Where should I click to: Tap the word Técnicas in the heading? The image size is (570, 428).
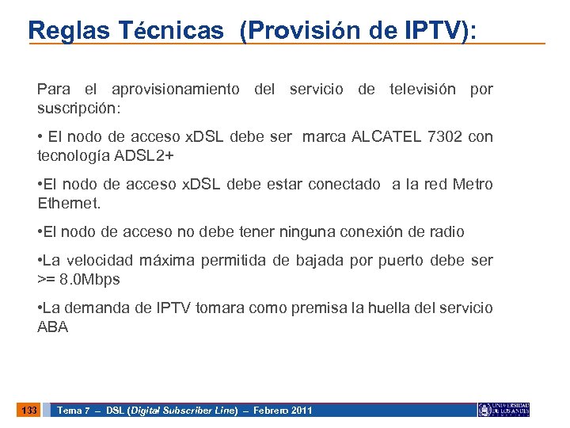172,30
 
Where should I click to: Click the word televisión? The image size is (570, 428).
422,89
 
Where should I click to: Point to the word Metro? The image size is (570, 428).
473,185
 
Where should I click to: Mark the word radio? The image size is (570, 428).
447,232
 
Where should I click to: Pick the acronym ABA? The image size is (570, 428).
53,326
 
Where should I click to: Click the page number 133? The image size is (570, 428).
30,410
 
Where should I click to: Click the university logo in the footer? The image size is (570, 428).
503,410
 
